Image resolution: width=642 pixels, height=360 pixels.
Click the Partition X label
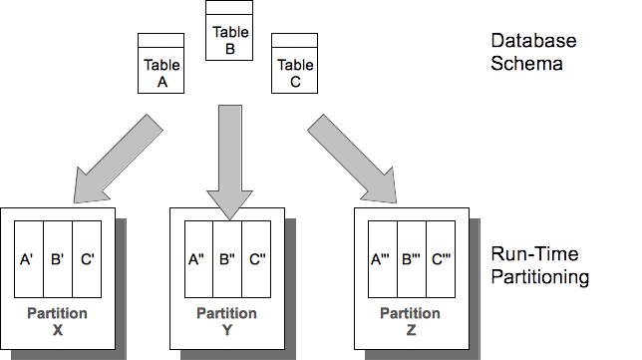[x=58, y=321]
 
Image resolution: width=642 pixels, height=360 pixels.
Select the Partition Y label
[x=227, y=321]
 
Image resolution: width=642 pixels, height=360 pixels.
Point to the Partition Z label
[x=412, y=321]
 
